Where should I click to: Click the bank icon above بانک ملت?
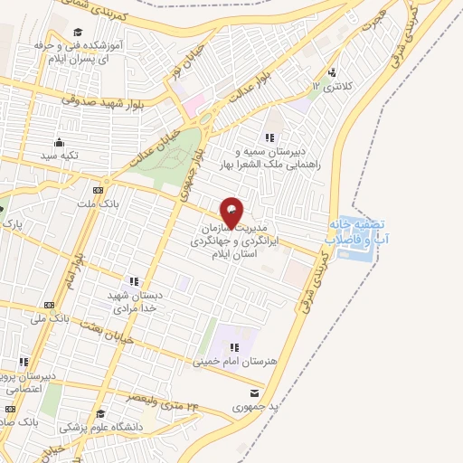pyautogui.click(x=98, y=191)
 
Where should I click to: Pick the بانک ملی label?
pyautogui.click(x=50, y=319)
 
